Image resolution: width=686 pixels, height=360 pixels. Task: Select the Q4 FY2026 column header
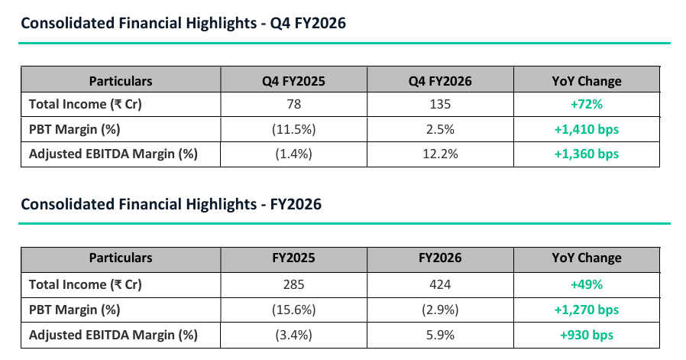coord(440,80)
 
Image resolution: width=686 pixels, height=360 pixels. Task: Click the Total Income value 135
coord(440,104)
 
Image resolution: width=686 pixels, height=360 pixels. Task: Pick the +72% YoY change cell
coord(587,104)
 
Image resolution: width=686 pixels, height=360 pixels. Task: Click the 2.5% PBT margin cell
coord(440,129)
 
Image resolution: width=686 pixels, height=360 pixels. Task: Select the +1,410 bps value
coord(587,129)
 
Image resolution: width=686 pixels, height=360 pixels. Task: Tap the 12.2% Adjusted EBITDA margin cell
coord(440,154)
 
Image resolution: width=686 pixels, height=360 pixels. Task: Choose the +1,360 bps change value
coord(587,154)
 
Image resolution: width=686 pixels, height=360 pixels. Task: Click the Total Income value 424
coord(440,284)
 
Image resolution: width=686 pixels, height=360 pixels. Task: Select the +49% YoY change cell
coord(587,284)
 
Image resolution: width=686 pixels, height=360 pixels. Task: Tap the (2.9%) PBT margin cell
coord(440,310)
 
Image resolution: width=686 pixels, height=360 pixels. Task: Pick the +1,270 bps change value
coord(587,310)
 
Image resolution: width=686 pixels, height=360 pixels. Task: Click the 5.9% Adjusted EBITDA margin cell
coord(440,335)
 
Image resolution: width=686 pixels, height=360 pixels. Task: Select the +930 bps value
coord(587,335)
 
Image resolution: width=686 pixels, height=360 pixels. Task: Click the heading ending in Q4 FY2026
coord(183,24)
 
